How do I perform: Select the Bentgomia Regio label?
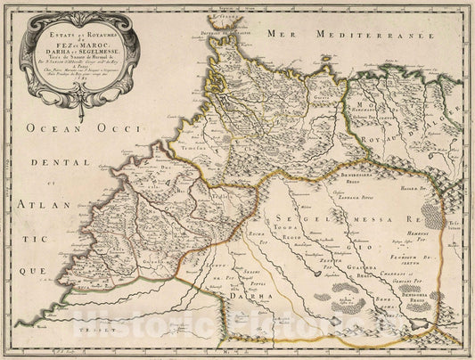(417, 295)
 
